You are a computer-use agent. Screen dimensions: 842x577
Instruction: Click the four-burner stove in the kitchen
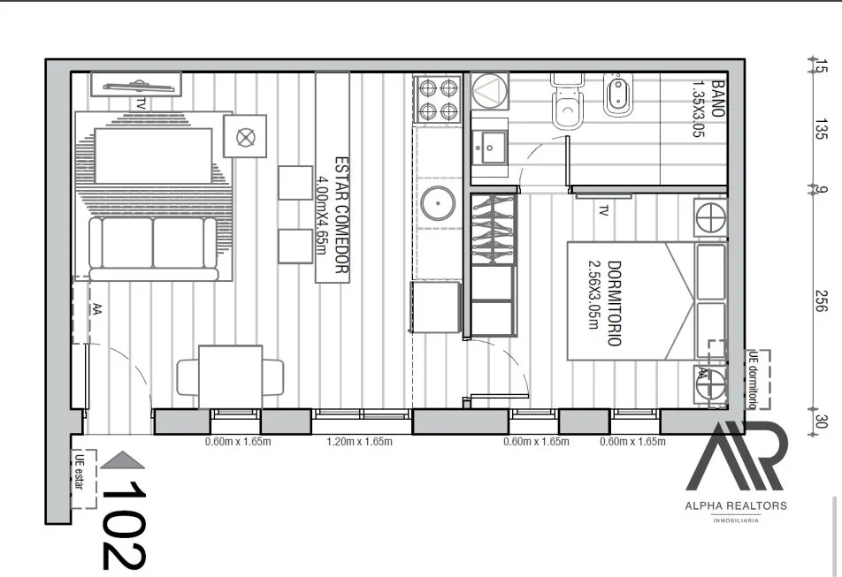tap(439, 100)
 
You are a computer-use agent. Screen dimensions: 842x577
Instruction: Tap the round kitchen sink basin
tap(438, 203)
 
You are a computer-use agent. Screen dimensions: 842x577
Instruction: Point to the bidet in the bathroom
tap(617, 95)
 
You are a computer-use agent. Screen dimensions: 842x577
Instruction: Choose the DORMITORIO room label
tap(605, 303)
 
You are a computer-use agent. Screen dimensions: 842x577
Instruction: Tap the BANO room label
tap(708, 109)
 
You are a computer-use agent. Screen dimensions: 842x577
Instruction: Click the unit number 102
tap(123, 525)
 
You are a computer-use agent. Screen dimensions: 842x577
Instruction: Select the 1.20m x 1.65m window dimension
tap(359, 442)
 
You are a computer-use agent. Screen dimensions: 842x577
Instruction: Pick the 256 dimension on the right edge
tap(821, 300)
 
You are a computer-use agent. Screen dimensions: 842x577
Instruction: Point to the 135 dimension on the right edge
tap(821, 129)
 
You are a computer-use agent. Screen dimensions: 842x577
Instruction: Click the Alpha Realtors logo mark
tap(736, 456)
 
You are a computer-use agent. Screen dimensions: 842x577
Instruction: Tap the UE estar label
tap(80, 472)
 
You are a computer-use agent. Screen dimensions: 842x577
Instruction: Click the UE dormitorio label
tap(754, 380)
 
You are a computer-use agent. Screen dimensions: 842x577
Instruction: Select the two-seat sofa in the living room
tap(153, 247)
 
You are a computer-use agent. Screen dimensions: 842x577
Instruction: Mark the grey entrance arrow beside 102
tap(122, 460)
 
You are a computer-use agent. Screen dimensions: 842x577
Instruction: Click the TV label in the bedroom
tap(603, 211)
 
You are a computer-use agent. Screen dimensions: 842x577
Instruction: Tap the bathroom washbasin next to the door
tap(490, 147)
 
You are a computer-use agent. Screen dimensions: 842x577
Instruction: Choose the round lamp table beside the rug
tap(245, 137)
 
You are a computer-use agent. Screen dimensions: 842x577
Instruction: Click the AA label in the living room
tap(97, 308)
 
